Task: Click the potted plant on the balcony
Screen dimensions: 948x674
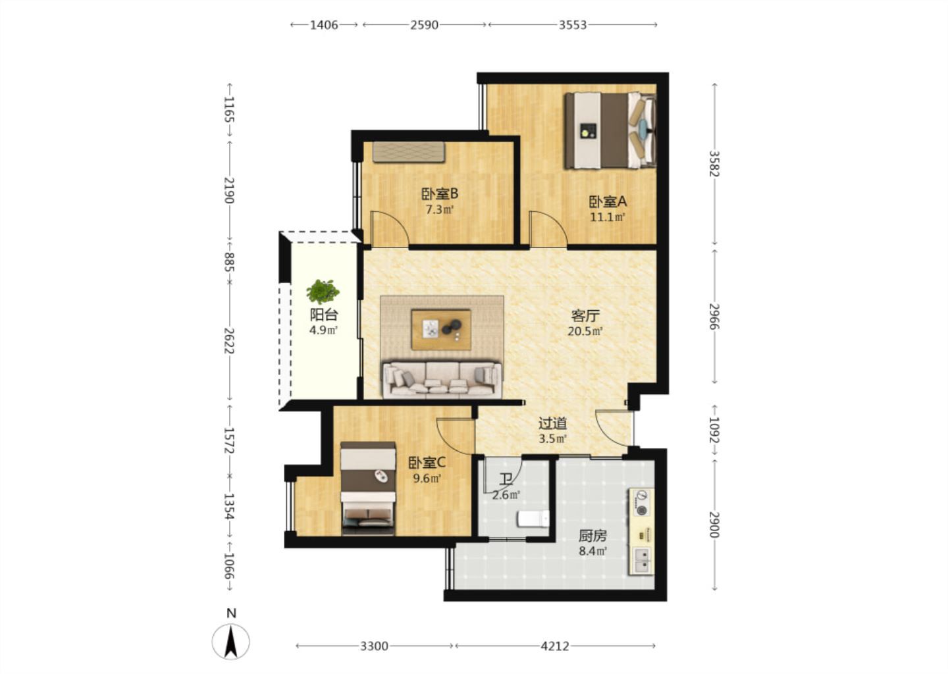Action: (x=323, y=292)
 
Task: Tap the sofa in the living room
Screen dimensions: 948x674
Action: (x=442, y=379)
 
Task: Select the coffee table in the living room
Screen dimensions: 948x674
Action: (x=441, y=330)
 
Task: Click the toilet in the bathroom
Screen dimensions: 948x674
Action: (x=533, y=519)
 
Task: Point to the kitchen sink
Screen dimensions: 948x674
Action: (x=643, y=560)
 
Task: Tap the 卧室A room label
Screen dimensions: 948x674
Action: (x=608, y=202)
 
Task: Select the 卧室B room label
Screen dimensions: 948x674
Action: (x=440, y=194)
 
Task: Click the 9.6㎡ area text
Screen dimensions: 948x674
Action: (x=427, y=479)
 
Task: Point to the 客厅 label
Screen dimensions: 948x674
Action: (x=585, y=316)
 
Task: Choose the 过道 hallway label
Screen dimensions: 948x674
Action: (x=553, y=423)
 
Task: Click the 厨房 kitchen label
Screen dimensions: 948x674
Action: (x=592, y=536)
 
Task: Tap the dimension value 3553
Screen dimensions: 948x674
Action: (x=573, y=25)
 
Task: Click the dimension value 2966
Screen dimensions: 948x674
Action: (x=714, y=317)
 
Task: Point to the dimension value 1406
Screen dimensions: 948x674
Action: (x=324, y=25)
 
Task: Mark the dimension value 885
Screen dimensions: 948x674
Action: (x=229, y=262)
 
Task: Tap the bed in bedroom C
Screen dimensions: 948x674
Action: (x=368, y=488)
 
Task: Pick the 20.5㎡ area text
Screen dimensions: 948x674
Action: (x=585, y=331)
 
